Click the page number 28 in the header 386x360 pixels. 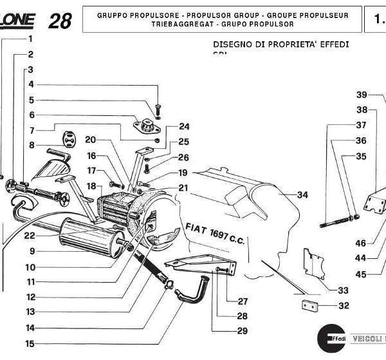coord(60,21)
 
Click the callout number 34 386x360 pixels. coord(303,194)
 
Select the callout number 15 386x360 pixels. coord(30,343)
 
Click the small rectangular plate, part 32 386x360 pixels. coord(311,306)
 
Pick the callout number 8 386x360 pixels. coord(30,146)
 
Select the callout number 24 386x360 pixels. coord(184,126)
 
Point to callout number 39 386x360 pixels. coord(362,95)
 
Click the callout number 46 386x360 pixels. coord(361,243)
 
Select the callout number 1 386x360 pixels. coord(30,39)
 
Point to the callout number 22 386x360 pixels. coord(30,236)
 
